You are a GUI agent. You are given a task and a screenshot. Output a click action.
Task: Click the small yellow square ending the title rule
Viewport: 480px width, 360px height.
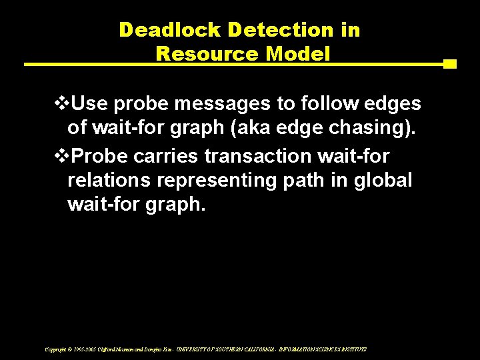click(449, 65)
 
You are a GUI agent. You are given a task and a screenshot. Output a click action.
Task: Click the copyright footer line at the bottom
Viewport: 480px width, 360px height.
click(205, 349)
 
